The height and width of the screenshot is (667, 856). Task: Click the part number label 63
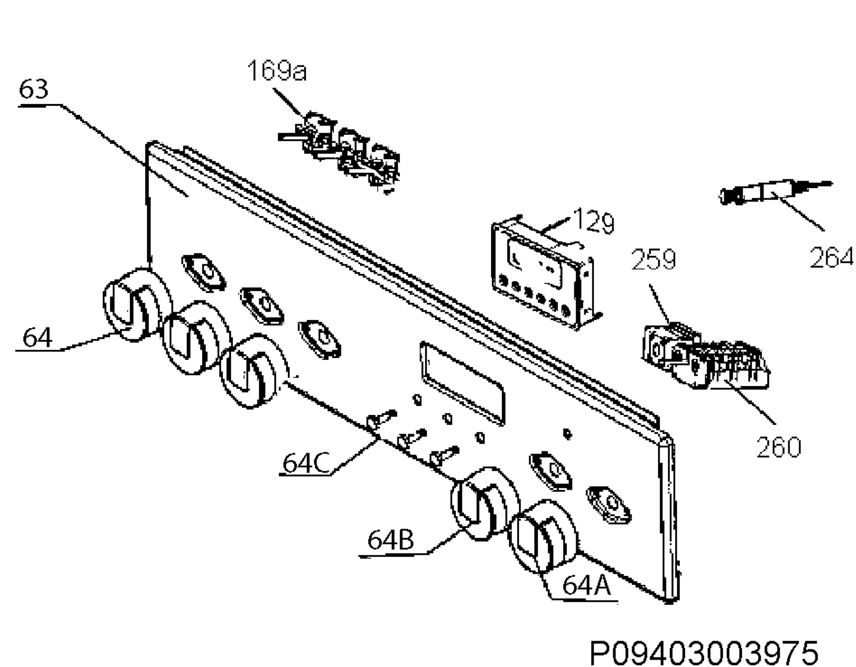tap(34, 90)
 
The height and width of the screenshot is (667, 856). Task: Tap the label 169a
tap(277, 71)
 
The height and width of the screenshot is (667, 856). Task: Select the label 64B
tap(391, 540)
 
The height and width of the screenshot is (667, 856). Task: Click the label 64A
tap(587, 585)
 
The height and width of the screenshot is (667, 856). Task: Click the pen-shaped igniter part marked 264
tap(774, 194)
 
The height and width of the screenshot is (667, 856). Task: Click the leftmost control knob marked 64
tap(137, 305)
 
